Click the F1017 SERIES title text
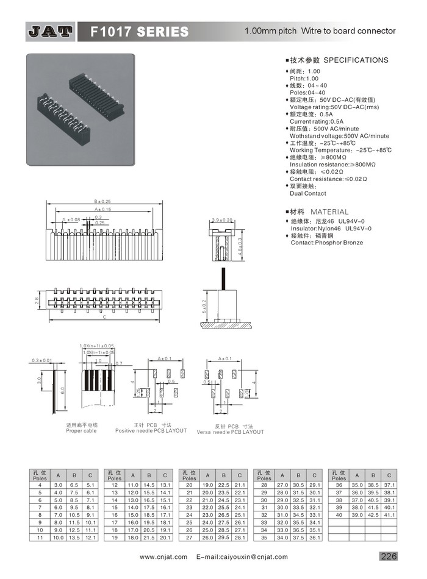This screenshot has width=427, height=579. [x=139, y=31]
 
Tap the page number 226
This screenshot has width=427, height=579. [x=389, y=556]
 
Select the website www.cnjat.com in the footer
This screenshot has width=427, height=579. [x=163, y=557]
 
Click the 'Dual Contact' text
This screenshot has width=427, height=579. [x=307, y=193]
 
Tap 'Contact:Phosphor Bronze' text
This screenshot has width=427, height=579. [x=326, y=243]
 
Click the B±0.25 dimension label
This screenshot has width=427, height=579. [x=102, y=201]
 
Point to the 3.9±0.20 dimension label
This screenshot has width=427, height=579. [x=223, y=219]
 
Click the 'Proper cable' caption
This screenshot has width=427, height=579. [x=82, y=431]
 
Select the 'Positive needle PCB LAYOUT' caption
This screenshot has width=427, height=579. [x=151, y=431]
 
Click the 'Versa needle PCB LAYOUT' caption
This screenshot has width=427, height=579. [x=231, y=432]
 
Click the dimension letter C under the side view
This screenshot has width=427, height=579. [x=104, y=318]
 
